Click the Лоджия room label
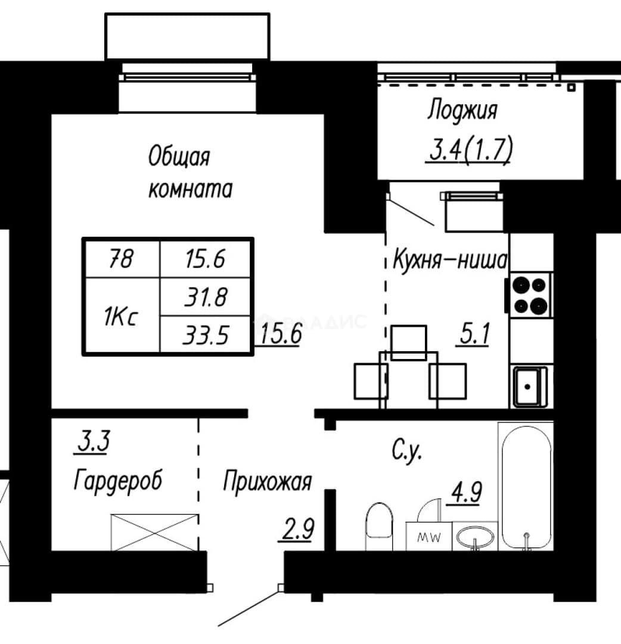coord(462,110)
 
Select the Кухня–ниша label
coord(451,259)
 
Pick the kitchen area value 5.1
coord(474,333)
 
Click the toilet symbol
coord(379,526)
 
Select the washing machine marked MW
coord(429,537)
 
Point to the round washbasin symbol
coord(476,537)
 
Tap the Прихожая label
coord(267,481)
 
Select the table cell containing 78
coord(122,259)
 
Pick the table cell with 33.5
coord(205,334)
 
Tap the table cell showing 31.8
coord(205,297)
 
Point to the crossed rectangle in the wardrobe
coord(155,532)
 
